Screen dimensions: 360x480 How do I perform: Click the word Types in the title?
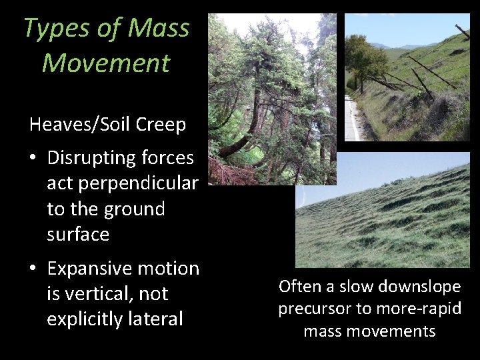52,29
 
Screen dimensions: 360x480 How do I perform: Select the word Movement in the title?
106,63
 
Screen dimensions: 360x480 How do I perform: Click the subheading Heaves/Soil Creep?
107,125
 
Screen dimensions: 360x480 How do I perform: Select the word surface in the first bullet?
78,234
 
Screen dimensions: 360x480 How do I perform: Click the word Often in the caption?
297,287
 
